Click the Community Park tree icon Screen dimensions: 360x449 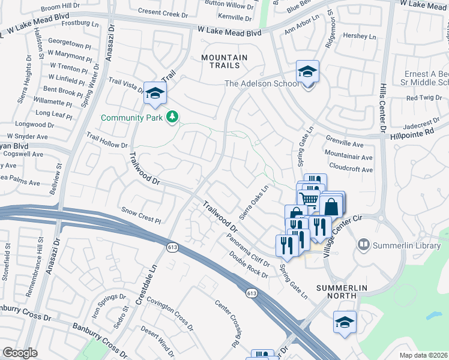[172, 117]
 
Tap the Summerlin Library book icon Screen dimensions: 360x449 [363, 245]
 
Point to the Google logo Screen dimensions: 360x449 [20, 353]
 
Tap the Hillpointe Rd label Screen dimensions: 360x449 [411, 133]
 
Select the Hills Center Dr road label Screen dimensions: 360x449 [382, 109]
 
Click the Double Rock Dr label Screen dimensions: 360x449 [247, 264]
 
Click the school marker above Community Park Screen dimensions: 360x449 [155, 93]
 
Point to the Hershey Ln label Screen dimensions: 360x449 [359, 36]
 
